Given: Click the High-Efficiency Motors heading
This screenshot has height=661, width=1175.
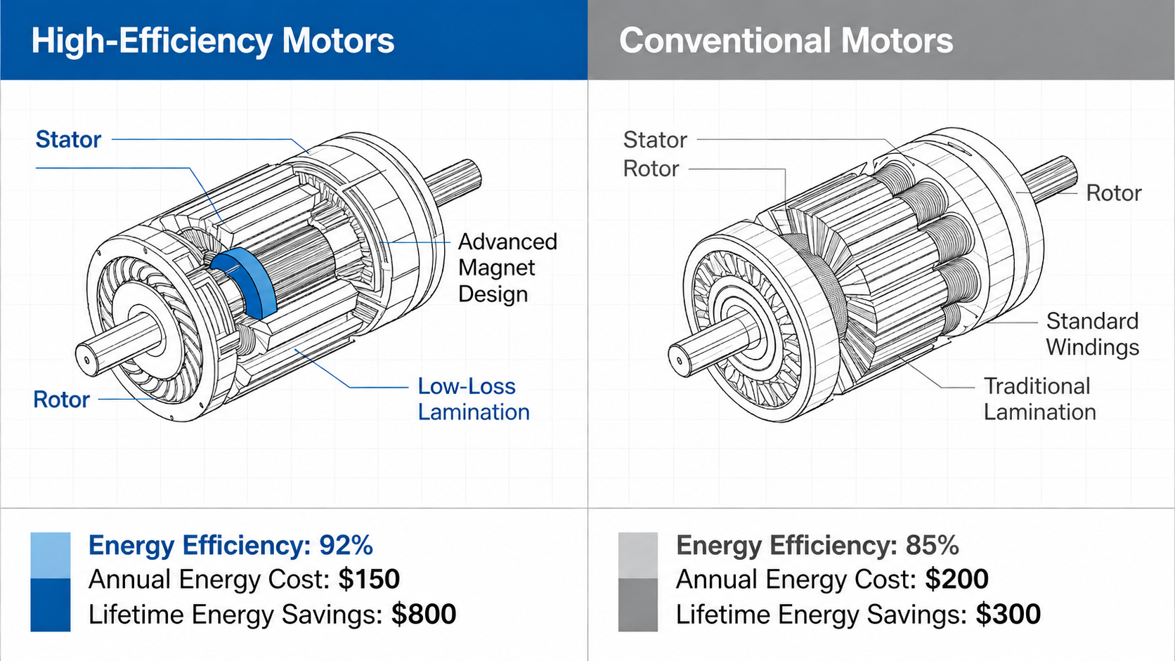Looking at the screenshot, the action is pos(212,41).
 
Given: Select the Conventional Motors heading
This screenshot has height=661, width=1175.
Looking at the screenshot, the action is pos(786,40).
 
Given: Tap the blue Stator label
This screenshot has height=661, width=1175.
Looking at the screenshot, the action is pos(68,139).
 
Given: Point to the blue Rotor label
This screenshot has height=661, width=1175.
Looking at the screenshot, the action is pos(61,400).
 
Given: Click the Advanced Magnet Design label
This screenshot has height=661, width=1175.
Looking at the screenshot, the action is pos(507,268).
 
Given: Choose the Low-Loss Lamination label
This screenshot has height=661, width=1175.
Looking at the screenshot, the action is pos(474,399).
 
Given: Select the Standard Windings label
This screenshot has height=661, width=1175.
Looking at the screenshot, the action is pos(1093,334).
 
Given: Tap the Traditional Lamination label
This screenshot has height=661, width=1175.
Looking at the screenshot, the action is pos(1039,399).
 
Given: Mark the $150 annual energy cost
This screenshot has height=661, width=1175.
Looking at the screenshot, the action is pos(369,580).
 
